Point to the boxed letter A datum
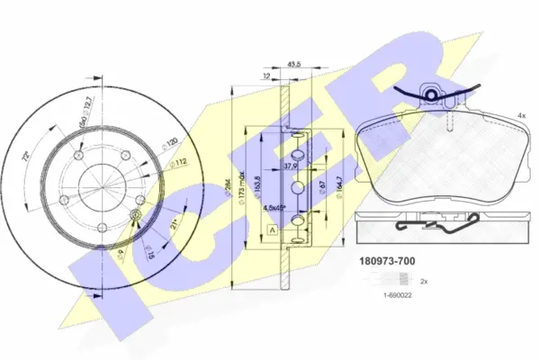272,230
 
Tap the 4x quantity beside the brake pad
522,116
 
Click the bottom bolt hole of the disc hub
102,227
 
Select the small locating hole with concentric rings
134,214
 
